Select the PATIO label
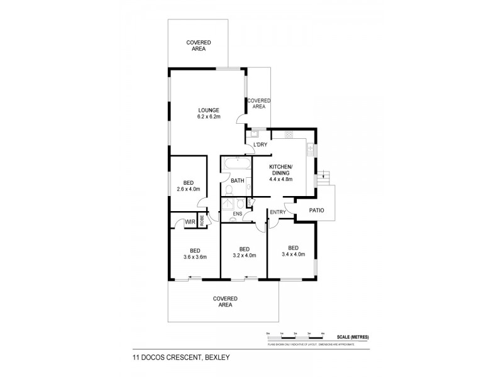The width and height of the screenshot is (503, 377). tap(317, 211)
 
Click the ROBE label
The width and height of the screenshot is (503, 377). tap(201, 221)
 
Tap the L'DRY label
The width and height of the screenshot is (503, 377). tap(260, 146)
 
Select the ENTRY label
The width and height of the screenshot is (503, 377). tap(277, 212)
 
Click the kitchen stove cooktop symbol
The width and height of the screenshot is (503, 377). tap(289, 134)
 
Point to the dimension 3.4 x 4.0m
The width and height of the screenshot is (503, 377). tap(292, 254)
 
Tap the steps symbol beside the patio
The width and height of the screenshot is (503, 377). tap(324, 175)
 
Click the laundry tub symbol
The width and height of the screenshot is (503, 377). tap(255, 133)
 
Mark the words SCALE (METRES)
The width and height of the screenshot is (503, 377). tap(353, 337)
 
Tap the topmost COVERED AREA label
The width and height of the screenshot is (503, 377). tap(199, 45)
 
